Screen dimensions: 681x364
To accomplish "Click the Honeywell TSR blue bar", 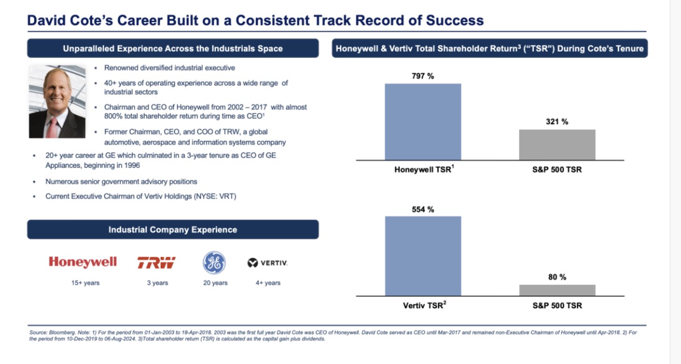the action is pyautogui.click(x=423, y=122).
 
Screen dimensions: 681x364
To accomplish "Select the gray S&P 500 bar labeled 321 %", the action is pyautogui.click(x=557, y=145).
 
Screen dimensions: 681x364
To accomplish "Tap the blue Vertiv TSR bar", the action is pyautogui.click(x=423, y=256).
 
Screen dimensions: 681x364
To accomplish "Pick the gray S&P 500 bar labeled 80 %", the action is pyautogui.click(x=557, y=290).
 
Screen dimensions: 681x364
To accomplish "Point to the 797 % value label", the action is pyautogui.click(x=423, y=76).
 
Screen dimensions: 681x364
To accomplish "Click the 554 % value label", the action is pyautogui.click(x=423, y=210).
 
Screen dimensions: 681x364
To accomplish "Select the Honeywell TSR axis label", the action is pyautogui.click(x=424, y=169).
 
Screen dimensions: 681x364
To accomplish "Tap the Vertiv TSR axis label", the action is pyautogui.click(x=425, y=305).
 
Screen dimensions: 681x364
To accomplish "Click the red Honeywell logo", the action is pyautogui.click(x=83, y=262).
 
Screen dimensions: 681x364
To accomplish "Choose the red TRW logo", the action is pyautogui.click(x=156, y=263).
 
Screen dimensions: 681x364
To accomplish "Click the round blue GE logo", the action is pyautogui.click(x=214, y=263).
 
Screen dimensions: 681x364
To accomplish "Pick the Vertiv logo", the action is pyautogui.click(x=268, y=263).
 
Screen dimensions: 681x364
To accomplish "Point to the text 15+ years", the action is pyautogui.click(x=85, y=283).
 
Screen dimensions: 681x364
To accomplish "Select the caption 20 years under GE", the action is pyautogui.click(x=215, y=283).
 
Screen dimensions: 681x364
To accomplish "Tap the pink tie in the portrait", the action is pyautogui.click(x=52, y=129).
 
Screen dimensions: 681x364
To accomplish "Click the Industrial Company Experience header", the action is pyautogui.click(x=173, y=229).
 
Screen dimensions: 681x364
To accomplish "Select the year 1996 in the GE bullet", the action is pyautogui.click(x=132, y=166).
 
